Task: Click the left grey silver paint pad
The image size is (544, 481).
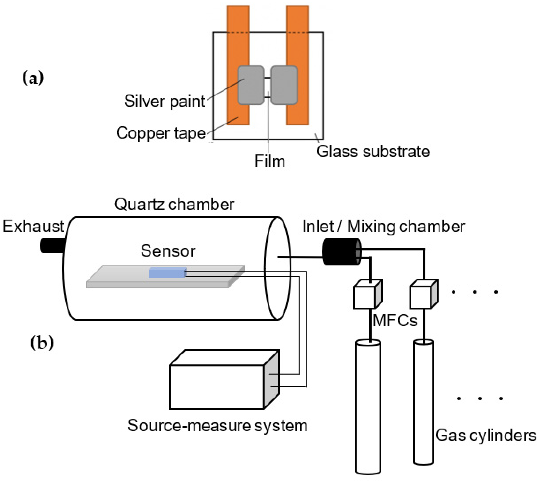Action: (x=251, y=85)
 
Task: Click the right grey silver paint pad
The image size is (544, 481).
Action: (x=284, y=85)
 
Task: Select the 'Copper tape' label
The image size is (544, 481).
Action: (x=161, y=133)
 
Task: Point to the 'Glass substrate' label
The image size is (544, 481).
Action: (x=373, y=152)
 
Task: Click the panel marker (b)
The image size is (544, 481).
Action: (x=42, y=343)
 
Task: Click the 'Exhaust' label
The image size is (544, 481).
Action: (x=33, y=226)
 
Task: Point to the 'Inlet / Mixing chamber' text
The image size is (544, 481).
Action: (x=383, y=227)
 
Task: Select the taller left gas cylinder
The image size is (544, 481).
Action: (x=368, y=407)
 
